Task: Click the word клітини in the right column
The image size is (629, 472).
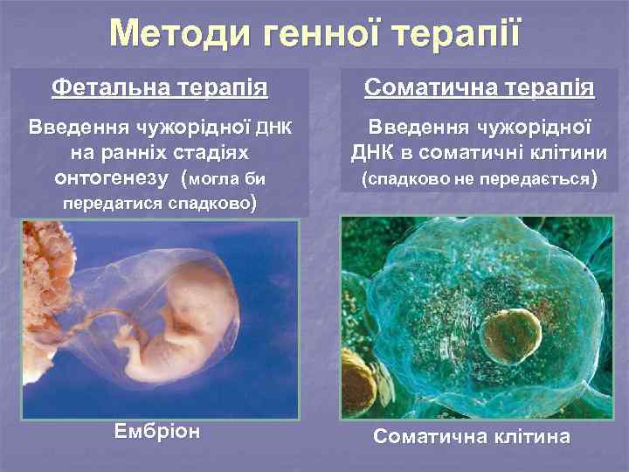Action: coord(551,153)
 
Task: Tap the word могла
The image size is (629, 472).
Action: coord(212,180)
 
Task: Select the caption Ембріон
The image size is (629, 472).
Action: coord(157,432)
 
